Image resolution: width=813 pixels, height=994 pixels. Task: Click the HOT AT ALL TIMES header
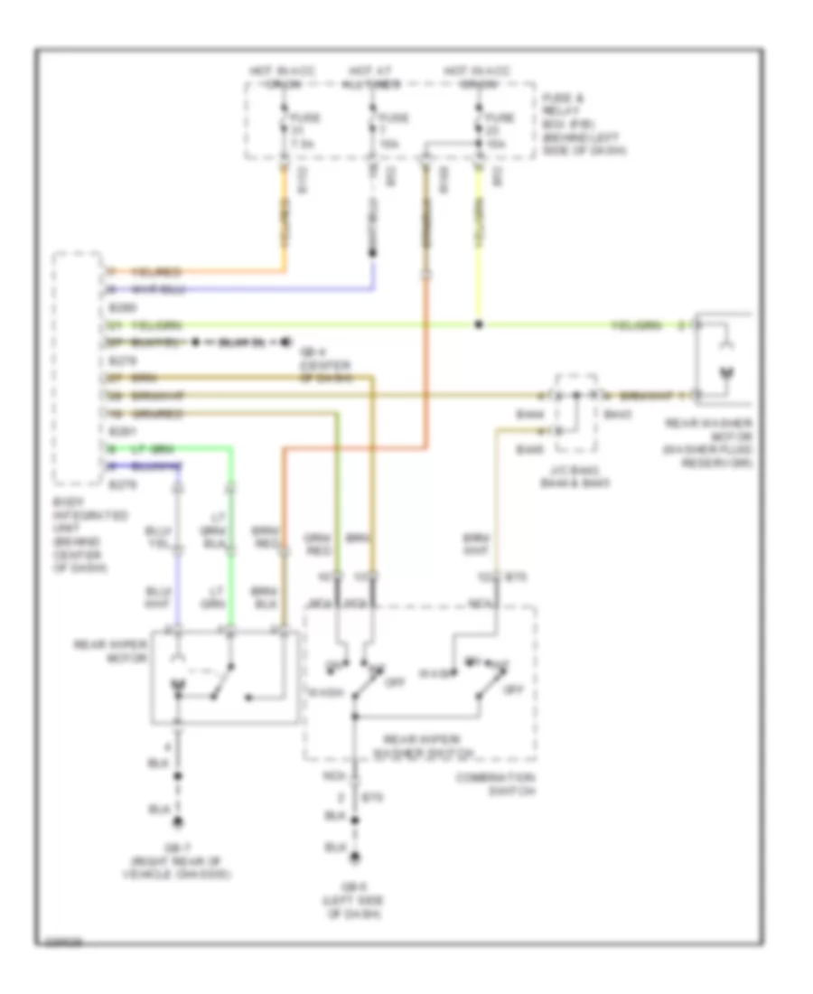(x=373, y=77)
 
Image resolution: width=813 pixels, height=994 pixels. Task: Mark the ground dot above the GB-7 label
(x=179, y=821)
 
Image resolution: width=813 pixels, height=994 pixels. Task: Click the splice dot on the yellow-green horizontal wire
(x=479, y=324)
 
